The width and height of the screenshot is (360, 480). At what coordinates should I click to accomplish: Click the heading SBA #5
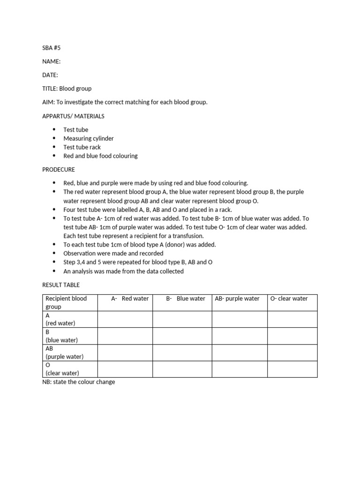click(x=52, y=47)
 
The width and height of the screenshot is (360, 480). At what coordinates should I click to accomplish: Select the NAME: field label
click(x=51, y=61)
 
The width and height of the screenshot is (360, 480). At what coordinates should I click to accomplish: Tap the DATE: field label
click(x=50, y=75)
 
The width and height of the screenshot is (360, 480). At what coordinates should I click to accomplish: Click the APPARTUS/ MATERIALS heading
click(x=73, y=116)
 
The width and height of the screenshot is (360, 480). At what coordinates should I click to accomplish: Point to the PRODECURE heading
click(x=59, y=169)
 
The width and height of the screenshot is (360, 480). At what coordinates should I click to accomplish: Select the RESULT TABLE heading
click(x=61, y=285)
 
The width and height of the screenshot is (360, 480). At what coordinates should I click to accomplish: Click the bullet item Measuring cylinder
click(x=89, y=138)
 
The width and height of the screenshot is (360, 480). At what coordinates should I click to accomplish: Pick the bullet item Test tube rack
click(x=82, y=147)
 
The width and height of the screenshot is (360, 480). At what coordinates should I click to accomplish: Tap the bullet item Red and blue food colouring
click(x=100, y=156)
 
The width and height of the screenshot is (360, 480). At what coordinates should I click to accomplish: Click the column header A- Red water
click(x=130, y=299)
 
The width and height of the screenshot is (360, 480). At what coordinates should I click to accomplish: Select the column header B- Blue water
click(x=186, y=299)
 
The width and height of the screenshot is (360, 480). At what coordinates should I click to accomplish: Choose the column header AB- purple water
click(x=237, y=299)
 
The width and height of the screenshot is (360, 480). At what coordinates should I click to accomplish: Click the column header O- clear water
click(x=289, y=299)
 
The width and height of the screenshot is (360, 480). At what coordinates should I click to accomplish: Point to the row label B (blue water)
click(x=61, y=336)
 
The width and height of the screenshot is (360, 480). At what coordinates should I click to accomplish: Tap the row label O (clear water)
click(x=62, y=369)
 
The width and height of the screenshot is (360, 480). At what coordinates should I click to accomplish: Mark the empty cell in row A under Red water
click(x=125, y=319)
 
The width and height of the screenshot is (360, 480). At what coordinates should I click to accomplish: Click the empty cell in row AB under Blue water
click(x=182, y=352)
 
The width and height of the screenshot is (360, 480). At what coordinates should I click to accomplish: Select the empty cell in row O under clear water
click(x=292, y=369)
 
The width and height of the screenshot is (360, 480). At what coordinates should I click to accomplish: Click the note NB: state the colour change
click(x=79, y=382)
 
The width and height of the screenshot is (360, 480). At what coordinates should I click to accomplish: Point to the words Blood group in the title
click(x=75, y=88)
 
